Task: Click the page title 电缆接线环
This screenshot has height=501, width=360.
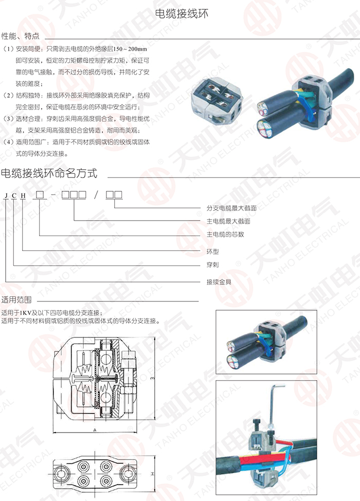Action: (182, 13)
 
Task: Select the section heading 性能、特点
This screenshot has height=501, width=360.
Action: (21, 36)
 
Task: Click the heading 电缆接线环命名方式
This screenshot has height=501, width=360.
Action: (49, 173)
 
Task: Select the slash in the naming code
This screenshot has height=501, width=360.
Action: (96, 194)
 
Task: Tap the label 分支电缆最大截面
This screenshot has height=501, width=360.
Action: (231, 208)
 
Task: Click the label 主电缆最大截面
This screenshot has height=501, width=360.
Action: (228, 221)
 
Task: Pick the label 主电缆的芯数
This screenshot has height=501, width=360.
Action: (225, 234)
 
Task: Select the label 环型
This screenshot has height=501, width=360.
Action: (213, 252)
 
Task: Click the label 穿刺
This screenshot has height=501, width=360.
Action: (213, 264)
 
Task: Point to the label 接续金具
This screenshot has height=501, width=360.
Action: (219, 282)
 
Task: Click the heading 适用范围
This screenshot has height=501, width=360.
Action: (16, 300)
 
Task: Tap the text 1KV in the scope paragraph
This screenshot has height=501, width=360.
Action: (24, 313)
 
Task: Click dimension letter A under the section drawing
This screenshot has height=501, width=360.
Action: (95, 431)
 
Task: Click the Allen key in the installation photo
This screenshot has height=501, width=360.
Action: (274, 406)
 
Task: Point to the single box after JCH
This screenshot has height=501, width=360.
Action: (40, 194)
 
